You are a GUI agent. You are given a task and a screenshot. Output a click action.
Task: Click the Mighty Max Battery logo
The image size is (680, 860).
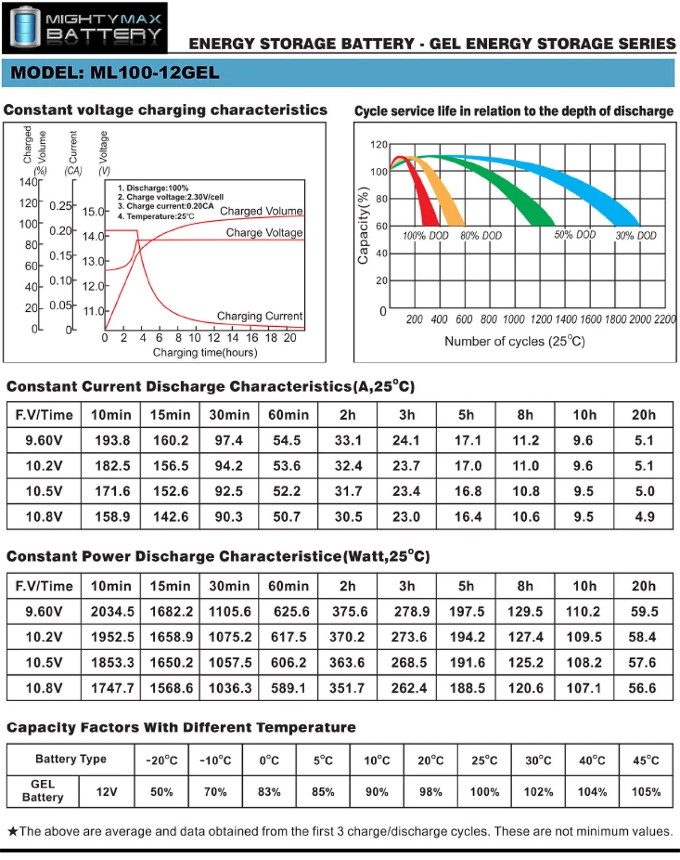(x=85, y=28)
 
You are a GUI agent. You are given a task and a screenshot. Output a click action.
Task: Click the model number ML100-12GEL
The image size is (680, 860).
(x=115, y=73)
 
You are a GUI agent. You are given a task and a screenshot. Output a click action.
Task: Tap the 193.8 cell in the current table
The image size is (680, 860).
(x=112, y=440)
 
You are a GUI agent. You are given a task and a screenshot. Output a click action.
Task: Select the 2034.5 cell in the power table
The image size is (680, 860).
(x=112, y=612)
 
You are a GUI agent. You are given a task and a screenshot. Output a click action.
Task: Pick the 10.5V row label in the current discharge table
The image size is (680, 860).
(x=44, y=491)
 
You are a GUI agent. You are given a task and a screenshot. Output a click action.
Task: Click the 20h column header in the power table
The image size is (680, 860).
(x=643, y=586)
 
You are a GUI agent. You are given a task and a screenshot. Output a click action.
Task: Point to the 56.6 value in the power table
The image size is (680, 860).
(x=642, y=688)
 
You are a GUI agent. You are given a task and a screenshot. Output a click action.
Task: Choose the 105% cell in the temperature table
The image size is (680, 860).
(x=646, y=792)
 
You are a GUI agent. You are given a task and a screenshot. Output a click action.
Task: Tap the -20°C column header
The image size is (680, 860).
(x=162, y=760)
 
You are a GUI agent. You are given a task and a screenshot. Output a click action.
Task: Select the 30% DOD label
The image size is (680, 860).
(x=636, y=235)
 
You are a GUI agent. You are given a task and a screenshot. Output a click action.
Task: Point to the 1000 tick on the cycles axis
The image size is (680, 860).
(x=513, y=319)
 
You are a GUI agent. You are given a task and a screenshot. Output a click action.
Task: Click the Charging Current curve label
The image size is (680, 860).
(x=260, y=316)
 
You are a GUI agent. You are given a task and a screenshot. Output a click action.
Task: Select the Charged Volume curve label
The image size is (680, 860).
(x=261, y=211)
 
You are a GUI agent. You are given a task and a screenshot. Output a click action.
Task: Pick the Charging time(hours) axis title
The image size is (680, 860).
(x=205, y=353)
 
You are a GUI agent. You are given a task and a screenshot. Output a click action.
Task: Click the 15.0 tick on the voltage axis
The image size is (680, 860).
(x=93, y=212)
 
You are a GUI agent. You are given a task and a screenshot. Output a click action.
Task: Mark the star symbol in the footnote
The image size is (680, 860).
(x=13, y=831)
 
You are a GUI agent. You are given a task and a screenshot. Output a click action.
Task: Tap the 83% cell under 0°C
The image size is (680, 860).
(x=269, y=792)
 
